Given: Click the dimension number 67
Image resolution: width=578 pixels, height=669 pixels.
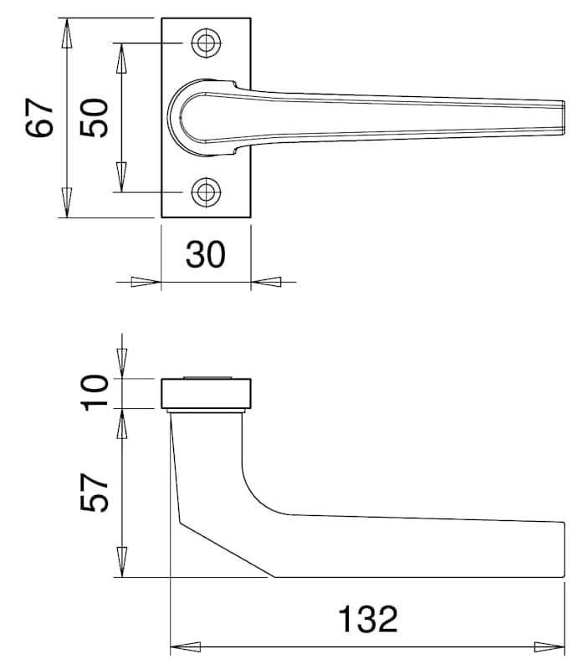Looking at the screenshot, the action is tap(38, 118).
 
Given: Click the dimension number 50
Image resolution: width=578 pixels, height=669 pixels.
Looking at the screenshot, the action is tap(94, 118).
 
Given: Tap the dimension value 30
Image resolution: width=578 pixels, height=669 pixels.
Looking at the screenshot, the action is tap(205, 255).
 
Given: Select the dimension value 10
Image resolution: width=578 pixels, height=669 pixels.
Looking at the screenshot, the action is tap(94, 392).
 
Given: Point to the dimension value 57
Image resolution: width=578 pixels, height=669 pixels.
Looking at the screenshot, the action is tap(94, 492).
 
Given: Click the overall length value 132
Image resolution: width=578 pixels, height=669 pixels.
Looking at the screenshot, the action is tap(368, 619).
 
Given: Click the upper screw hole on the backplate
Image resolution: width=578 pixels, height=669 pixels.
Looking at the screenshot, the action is tap(206, 43).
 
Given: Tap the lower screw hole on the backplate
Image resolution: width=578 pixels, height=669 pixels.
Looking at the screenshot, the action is tap(206, 192).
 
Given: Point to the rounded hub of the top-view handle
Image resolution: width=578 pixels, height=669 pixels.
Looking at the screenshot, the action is tap(179, 117).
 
